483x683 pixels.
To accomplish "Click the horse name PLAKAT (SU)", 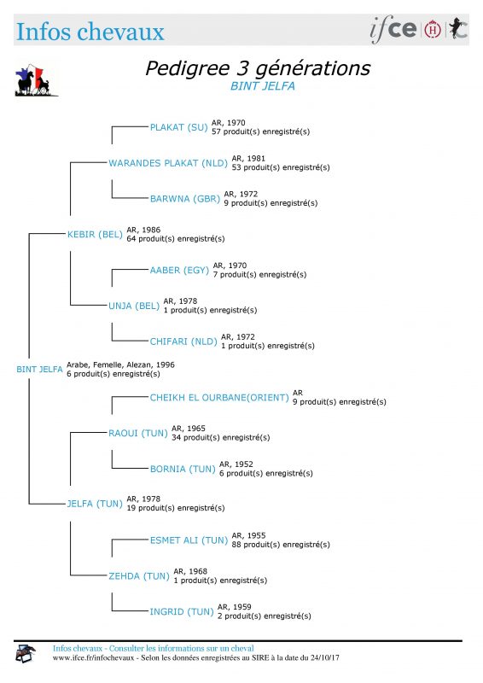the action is click(x=178, y=127).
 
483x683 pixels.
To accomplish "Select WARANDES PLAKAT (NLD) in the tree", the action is click(x=168, y=163).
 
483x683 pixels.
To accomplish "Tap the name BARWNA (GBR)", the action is click(x=184, y=199).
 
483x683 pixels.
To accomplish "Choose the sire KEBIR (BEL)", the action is click(x=95, y=235).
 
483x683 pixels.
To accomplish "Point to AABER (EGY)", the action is click(x=179, y=271).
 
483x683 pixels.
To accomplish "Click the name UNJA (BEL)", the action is click(x=134, y=306).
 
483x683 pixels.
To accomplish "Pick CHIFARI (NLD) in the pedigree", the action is click(x=183, y=342).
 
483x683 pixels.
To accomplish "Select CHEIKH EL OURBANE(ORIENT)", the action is click(x=219, y=398).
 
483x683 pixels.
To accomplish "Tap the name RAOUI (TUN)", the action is click(x=138, y=434).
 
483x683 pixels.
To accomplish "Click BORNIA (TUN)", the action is click(x=183, y=469).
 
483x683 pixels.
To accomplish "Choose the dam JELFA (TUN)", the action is click(x=95, y=504).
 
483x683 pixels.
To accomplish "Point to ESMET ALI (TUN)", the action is click(x=189, y=540).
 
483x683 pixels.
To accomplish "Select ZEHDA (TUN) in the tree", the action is click(x=139, y=576).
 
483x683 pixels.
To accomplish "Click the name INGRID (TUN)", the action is click(x=182, y=612).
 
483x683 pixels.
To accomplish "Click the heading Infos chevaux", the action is click(x=90, y=32).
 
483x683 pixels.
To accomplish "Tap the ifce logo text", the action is click(x=393, y=29).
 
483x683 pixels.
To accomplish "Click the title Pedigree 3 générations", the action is click(x=258, y=68).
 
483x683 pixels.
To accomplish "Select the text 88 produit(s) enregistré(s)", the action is click(x=281, y=545).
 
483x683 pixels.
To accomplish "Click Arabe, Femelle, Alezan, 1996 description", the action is click(x=120, y=365).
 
